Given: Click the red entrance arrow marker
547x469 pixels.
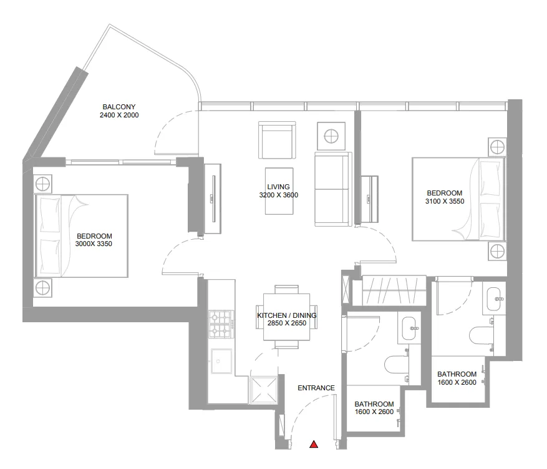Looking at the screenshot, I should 314,445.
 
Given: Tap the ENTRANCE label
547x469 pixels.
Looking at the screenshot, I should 316,388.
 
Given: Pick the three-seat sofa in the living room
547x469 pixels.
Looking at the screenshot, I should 332,189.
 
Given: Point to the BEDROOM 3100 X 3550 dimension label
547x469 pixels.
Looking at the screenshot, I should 444,197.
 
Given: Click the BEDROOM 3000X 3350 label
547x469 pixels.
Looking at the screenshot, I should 94,240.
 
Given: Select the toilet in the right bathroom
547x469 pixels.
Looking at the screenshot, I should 481,335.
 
